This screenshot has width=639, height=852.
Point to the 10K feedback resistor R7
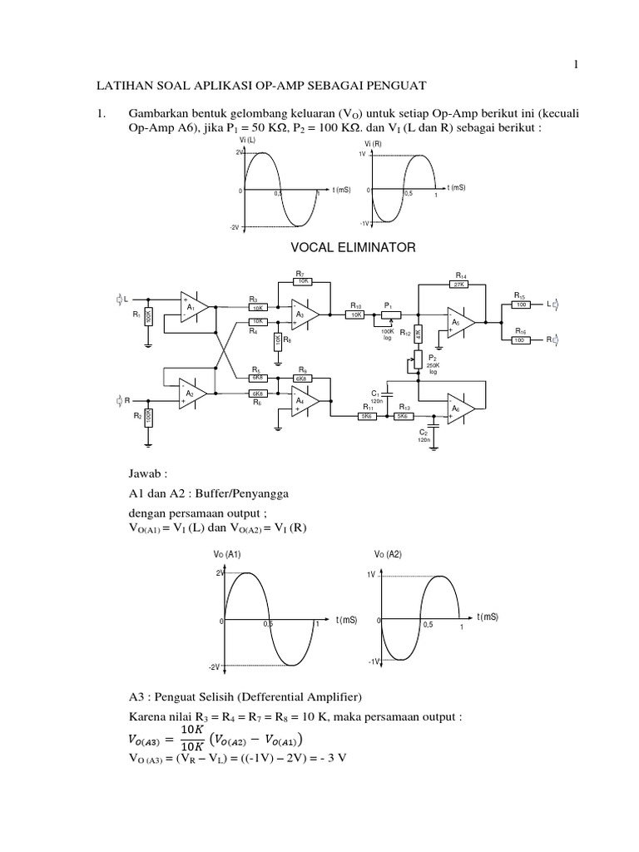tap(303, 281)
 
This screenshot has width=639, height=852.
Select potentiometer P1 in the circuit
tap(388, 315)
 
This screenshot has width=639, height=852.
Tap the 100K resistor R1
tap(147, 317)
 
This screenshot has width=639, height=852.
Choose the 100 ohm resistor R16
tap(520, 339)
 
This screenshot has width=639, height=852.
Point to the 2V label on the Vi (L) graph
tap(239, 153)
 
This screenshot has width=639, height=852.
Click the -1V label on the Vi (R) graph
tap(364, 224)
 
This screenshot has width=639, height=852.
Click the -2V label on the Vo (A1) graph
tap(213, 667)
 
